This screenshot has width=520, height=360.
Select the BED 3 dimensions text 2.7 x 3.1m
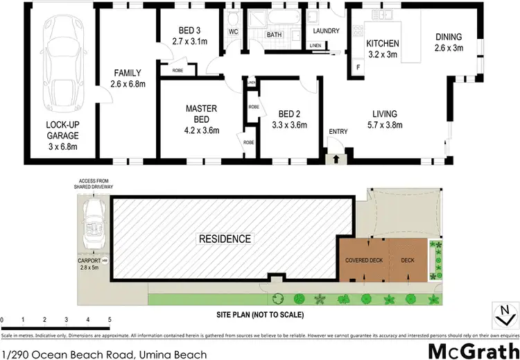tap(184, 41)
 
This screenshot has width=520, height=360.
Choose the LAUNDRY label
tap(325, 31)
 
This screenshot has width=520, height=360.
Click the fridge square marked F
tap(358, 67)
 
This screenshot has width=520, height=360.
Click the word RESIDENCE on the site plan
tap(225, 239)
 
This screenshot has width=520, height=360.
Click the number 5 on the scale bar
tap(110, 320)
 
